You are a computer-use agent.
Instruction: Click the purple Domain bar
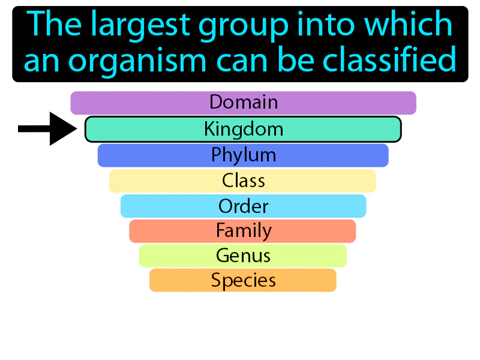[x=243, y=103]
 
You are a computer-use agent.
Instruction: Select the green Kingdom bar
[x=243, y=130]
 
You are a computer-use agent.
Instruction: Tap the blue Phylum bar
[x=243, y=155]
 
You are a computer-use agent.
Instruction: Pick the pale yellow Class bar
[x=243, y=181]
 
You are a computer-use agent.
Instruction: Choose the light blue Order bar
[x=243, y=206]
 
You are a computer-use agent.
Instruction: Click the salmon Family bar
[x=243, y=231]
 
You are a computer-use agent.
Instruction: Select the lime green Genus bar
[x=243, y=256]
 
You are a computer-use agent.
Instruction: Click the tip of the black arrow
[x=76, y=128]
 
